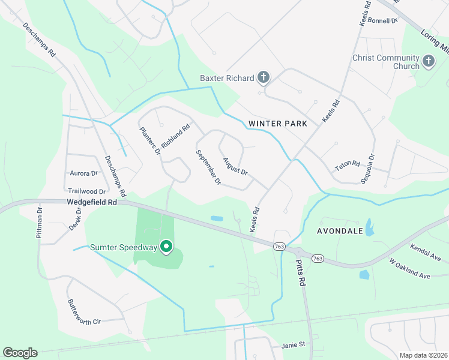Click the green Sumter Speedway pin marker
coord(167,247)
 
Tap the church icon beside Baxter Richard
coord(263,77)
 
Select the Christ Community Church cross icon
coord(428,61)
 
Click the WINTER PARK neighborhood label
coord(277,124)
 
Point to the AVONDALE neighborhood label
coord(340,230)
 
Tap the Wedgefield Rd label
coord(92,203)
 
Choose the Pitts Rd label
coord(300,274)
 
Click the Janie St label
coord(294,345)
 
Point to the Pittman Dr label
coord(39,223)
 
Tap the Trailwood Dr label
coord(86,191)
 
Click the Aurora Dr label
coord(83,173)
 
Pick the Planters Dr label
coord(151,141)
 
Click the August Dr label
coord(235,166)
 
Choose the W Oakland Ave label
coord(410,268)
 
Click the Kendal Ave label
coord(425,252)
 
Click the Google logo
coord(20,352)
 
